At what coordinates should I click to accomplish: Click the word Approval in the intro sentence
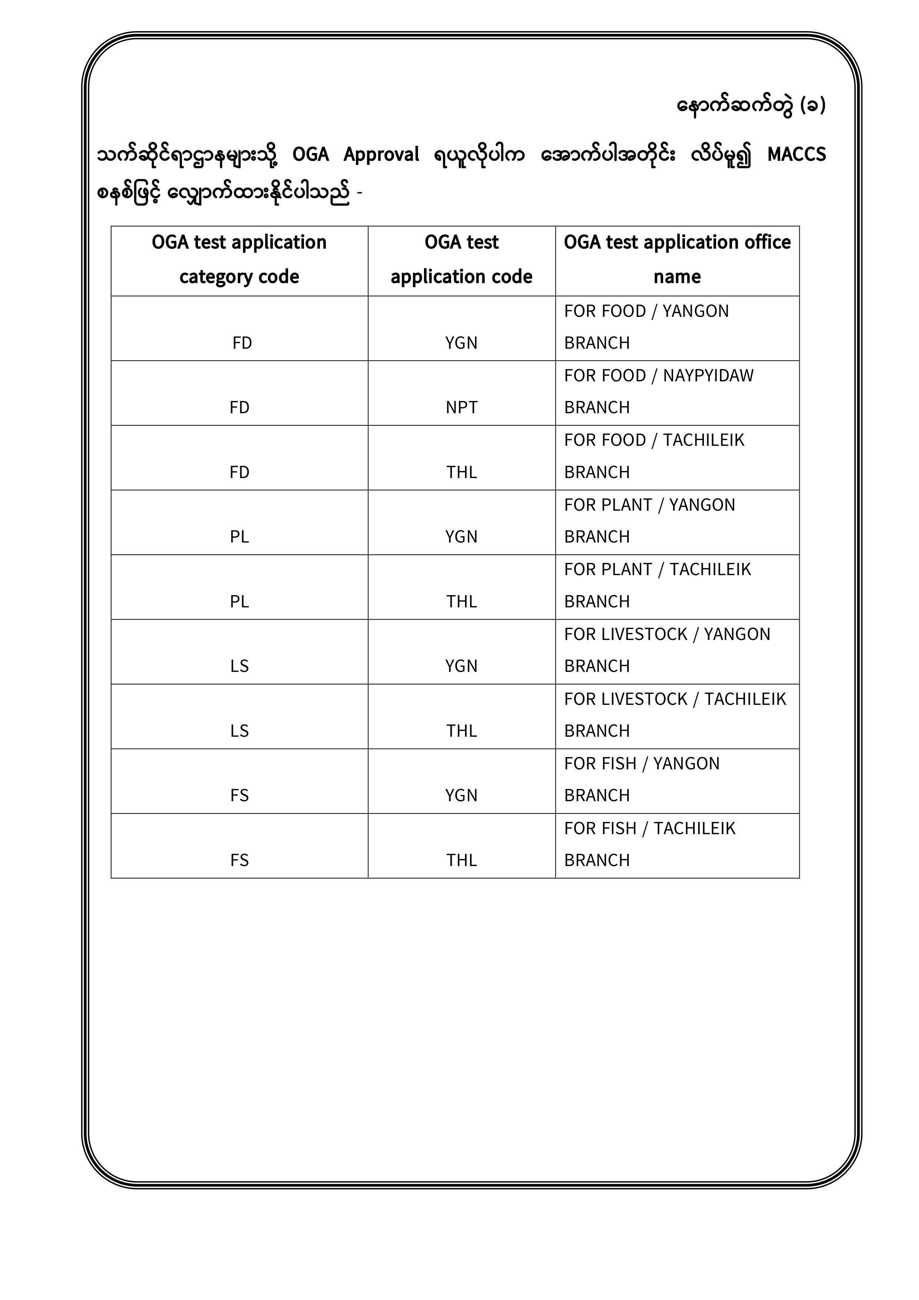[381, 155]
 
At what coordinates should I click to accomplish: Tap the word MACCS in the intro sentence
[796, 155]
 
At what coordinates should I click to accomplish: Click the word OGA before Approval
[310, 155]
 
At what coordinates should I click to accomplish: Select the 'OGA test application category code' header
[239, 259]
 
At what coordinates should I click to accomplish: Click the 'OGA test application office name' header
[677, 259]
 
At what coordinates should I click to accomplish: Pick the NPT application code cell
[461, 407]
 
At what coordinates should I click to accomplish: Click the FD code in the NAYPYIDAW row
[239, 408]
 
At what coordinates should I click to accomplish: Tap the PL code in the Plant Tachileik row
[239, 601]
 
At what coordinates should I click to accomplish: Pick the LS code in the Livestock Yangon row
[239, 666]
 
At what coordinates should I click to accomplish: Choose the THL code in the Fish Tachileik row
[461, 860]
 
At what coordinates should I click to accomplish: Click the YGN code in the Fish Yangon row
[461, 796]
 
